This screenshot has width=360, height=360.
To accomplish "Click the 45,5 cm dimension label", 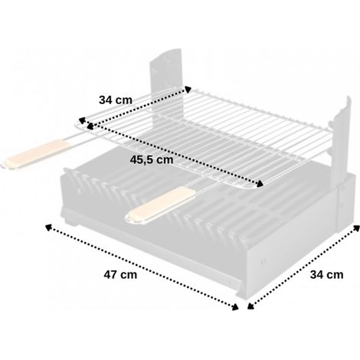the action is click(152, 160).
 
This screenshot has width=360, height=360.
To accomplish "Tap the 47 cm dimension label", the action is click(120, 275).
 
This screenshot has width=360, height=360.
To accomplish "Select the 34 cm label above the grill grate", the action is click(116, 100).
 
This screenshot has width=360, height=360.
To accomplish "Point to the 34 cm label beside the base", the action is click(326, 275).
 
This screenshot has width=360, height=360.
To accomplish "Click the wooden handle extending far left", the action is click(36, 154).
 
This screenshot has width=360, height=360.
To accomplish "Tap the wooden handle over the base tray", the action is click(160, 205).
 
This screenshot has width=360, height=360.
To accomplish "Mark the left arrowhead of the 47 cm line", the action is click(48, 227).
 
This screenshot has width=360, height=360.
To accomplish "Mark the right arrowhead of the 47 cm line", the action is click(235, 307).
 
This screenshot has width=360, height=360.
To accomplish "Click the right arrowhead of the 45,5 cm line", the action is click(260, 183).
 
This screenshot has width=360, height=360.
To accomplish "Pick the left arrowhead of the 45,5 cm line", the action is click(90, 126).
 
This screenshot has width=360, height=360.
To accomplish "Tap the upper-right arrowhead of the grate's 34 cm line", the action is click(188, 90).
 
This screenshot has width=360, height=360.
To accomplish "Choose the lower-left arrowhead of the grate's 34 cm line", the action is click(82, 120).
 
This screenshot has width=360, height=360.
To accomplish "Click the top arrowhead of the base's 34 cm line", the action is click(356, 228).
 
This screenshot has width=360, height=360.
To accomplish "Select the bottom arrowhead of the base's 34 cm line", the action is click(250, 306).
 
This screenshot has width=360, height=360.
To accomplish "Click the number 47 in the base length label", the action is click(110, 275).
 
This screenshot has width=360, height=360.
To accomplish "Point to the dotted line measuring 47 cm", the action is click(142, 267).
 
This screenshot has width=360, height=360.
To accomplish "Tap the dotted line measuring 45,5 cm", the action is click(175, 155).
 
